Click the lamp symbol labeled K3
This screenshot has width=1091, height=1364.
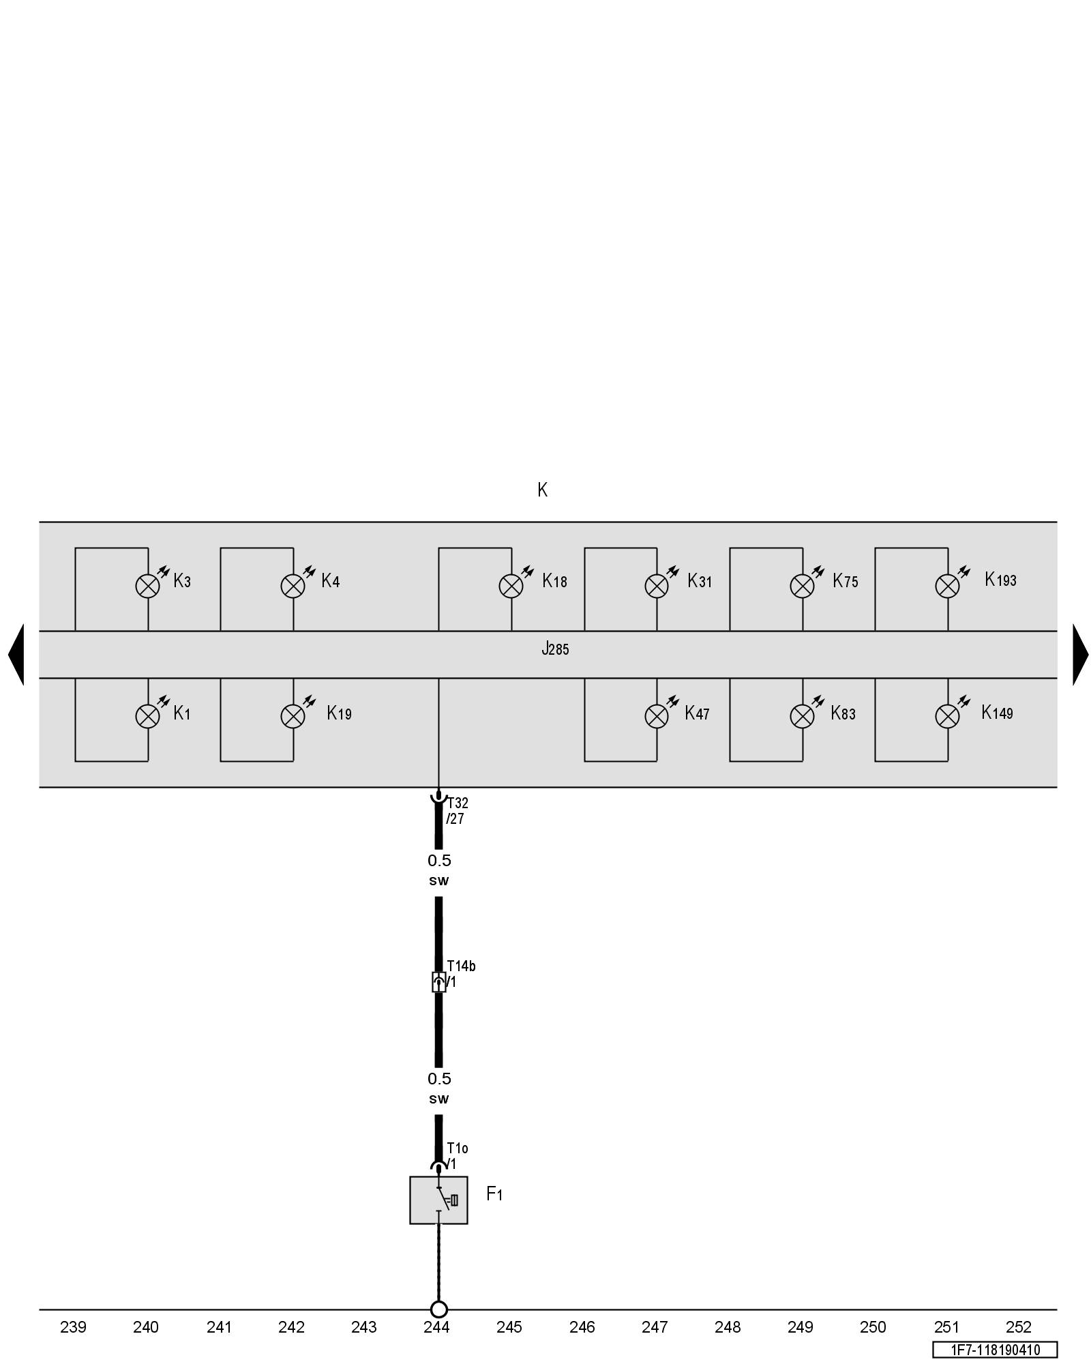pyautogui.click(x=147, y=586)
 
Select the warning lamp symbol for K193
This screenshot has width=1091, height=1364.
pyautogui.click(x=947, y=586)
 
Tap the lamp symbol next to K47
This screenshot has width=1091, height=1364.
pyautogui.click(x=657, y=716)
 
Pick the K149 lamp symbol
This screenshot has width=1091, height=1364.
pyautogui.click(x=947, y=716)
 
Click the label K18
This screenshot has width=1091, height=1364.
pyautogui.click(x=554, y=581)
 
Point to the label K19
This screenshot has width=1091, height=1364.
pyautogui.click(x=339, y=713)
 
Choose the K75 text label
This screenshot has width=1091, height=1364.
pyautogui.click(x=845, y=581)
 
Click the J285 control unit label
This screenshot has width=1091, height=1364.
pyautogui.click(x=555, y=649)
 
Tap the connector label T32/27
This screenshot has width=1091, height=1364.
pyautogui.click(x=457, y=811)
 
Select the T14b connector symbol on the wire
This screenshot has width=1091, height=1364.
pyautogui.click(x=438, y=982)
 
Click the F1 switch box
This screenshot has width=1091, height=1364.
pyautogui.click(x=438, y=1200)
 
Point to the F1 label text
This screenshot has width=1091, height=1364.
pyautogui.click(x=494, y=1194)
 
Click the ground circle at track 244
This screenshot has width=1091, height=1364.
pyautogui.click(x=438, y=1309)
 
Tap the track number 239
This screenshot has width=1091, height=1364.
pyautogui.click(x=73, y=1327)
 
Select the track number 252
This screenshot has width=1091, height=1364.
pyautogui.click(x=1019, y=1327)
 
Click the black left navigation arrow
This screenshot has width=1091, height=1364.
pyautogui.click(x=16, y=654)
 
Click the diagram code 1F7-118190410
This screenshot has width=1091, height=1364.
pyautogui.click(x=995, y=1350)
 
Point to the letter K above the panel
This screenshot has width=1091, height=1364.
pyautogui.click(x=542, y=490)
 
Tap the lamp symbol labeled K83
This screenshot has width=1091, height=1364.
pyautogui.click(x=802, y=716)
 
